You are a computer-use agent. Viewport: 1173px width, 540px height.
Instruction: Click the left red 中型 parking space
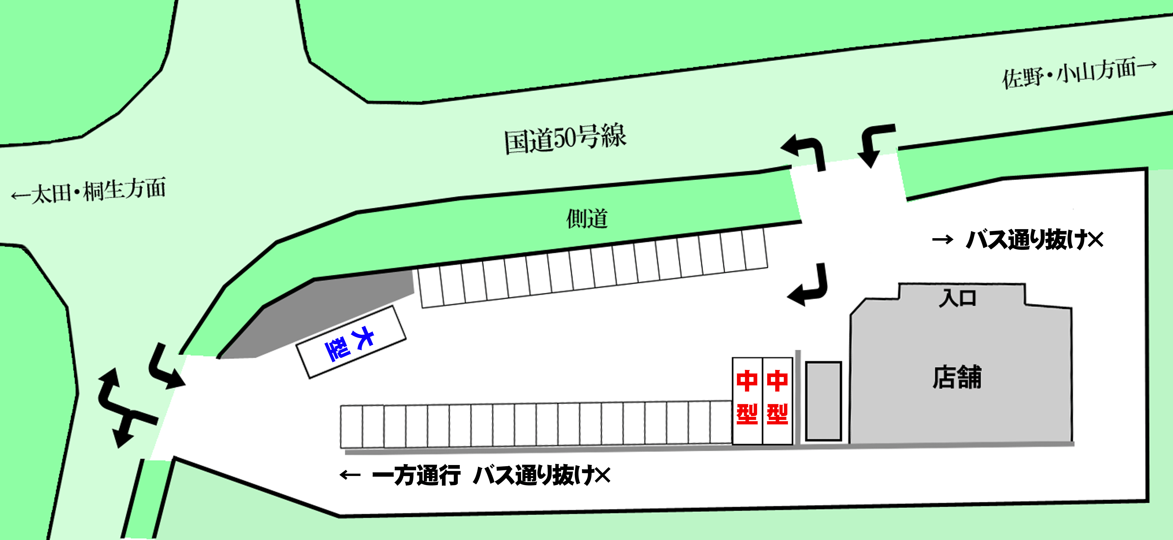click(747, 401)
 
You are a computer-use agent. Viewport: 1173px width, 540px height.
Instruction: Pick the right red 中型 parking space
click(777, 401)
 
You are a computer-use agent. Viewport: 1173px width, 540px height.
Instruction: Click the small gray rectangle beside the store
click(823, 401)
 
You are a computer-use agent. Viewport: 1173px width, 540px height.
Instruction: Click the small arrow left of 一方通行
click(350, 475)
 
